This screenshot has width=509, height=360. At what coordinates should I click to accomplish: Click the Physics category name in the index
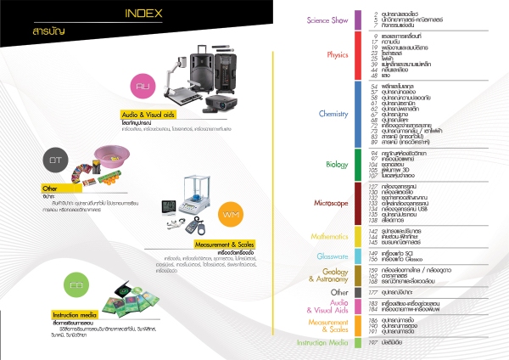click(x=337, y=54)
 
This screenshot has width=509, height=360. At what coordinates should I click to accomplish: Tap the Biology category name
click(x=337, y=164)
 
